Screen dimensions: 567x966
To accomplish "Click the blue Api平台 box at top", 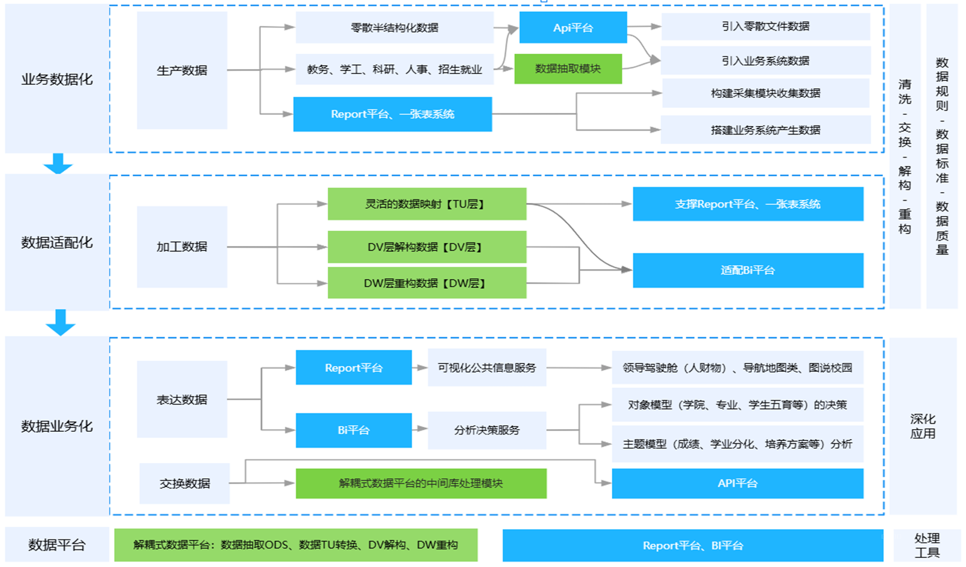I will tap(573, 28).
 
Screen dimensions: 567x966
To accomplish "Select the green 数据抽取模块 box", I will tap(568, 69).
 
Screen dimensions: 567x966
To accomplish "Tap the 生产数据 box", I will tap(182, 71).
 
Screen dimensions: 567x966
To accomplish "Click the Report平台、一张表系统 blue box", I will tap(393, 114).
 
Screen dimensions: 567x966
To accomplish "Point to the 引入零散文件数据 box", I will tap(765, 27).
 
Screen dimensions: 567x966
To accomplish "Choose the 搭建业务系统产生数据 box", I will tap(765, 130).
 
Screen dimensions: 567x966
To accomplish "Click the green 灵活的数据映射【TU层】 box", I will tap(427, 204).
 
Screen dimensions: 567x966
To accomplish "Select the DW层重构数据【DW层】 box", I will tap(427, 283).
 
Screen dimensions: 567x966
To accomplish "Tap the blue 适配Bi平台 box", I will tap(748, 270).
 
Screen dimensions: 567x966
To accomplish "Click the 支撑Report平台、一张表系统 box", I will tap(748, 204).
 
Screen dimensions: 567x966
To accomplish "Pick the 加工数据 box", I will tap(182, 246).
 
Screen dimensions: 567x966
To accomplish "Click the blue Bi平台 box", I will tap(354, 430).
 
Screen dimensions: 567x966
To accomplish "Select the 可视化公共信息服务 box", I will tap(487, 367).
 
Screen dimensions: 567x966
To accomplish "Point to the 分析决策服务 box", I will tap(487, 430).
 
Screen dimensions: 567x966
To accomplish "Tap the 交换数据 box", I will tap(185, 483).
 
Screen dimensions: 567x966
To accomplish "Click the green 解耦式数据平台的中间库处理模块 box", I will tap(421, 483).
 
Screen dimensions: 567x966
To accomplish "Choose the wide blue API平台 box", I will tap(737, 483).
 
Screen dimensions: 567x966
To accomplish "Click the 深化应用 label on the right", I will tap(923, 426).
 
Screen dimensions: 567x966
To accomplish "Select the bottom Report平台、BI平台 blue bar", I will tap(693, 546).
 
